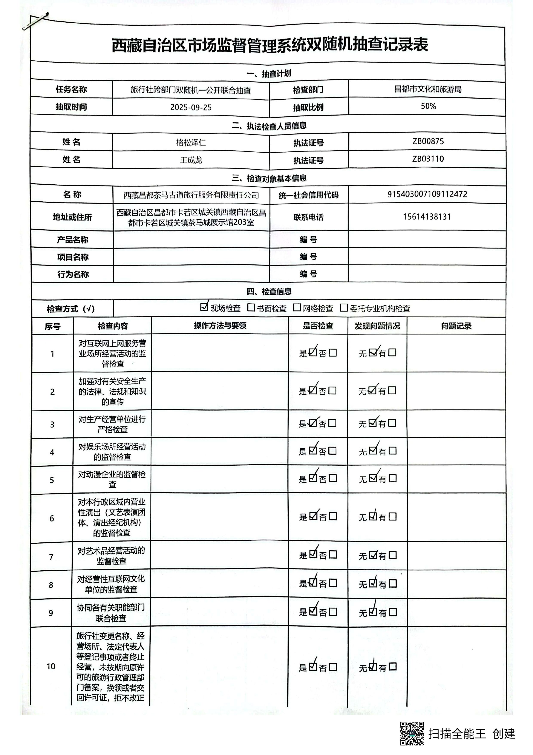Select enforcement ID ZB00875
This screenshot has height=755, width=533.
coord(428,141)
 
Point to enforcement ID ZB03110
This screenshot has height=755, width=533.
coord(428,159)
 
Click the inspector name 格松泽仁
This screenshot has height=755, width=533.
coord(191,143)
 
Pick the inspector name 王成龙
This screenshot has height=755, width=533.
coord(191,160)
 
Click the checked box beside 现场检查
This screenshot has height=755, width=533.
coord(204,307)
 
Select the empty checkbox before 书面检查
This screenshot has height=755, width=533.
coord(251,307)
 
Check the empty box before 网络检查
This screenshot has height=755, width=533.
coord(297,307)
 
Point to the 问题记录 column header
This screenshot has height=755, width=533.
coord(456,326)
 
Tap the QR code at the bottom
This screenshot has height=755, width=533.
coord(412,733)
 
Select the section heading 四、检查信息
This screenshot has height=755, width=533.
coord(269,291)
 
